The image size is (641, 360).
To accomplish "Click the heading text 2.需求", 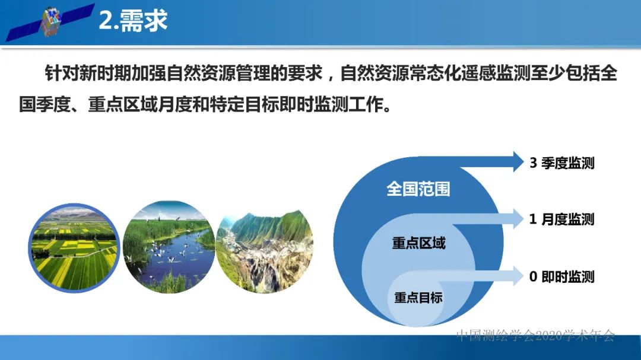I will coord(133,21).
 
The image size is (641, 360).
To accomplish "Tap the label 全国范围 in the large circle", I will coord(418,189).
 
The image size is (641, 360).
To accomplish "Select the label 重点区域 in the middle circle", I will coord(418,243).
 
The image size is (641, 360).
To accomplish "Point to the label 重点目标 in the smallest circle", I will coord(418,298).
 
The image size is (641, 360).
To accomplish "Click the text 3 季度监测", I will coord(561,163).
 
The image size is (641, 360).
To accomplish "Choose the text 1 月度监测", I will coord(561,219).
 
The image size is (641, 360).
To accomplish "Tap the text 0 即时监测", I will coord(561,276).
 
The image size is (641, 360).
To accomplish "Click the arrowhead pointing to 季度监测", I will coord(513,161).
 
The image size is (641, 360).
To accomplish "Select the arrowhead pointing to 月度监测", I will coord(513,218).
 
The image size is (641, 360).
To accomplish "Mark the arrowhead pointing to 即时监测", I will coord(513,275).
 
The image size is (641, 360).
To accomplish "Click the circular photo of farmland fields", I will coord(74,248).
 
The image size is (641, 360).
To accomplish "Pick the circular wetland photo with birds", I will coord(169,248).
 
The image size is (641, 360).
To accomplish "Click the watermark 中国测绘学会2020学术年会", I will coord(535,336).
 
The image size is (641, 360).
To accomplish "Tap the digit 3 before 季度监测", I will coord(533,163).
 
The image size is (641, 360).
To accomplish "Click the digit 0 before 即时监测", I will coord(533,276).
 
